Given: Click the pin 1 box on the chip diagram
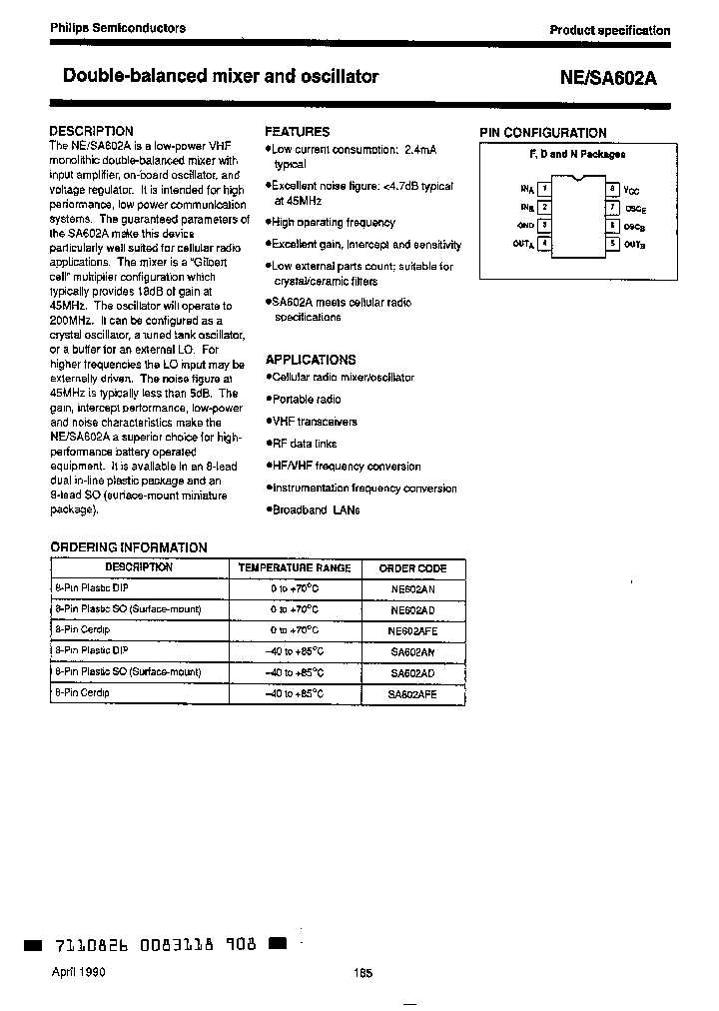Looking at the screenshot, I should click(x=544, y=188).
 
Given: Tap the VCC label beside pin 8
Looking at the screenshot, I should click(x=631, y=189).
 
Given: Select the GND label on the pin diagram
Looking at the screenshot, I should click(x=525, y=226).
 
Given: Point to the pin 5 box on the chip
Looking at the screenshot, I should click(x=611, y=243).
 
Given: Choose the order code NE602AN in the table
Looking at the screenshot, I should click(x=412, y=589).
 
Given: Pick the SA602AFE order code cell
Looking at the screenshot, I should click(x=412, y=693).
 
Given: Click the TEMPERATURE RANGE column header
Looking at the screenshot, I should click(x=295, y=567).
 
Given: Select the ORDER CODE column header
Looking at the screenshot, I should click(x=412, y=568).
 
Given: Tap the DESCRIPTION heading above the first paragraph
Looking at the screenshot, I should click(x=91, y=131).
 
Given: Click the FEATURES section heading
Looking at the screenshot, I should click(x=297, y=131).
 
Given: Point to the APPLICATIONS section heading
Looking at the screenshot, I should click(x=310, y=360).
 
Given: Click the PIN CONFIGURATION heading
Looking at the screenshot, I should click(x=542, y=133).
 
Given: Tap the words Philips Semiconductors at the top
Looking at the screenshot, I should click(x=118, y=28).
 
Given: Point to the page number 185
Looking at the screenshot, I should click(x=361, y=974).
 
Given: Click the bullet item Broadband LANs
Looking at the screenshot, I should click(x=316, y=509).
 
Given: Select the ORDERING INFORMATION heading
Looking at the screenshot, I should click(x=129, y=547).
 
